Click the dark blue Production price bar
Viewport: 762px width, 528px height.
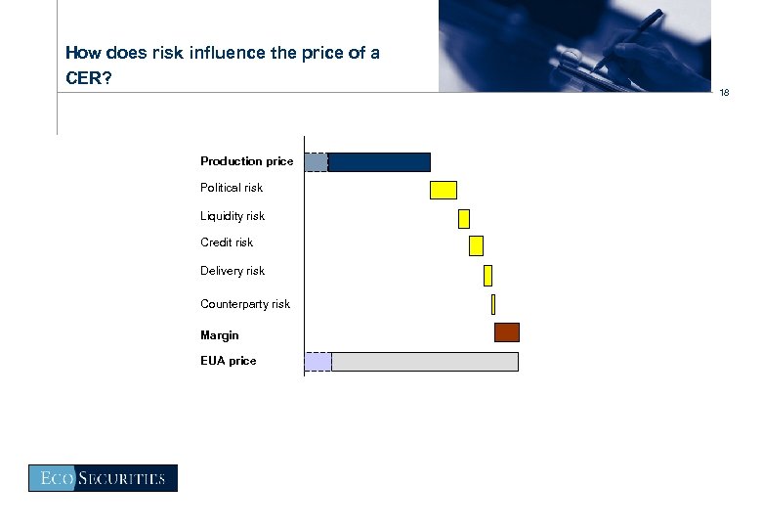pos(379,162)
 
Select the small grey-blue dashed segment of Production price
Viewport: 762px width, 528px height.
pos(317,162)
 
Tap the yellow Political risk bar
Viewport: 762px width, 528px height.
pos(443,190)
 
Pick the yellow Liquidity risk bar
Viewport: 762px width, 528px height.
pos(464,218)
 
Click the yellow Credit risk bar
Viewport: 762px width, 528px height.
pos(476,245)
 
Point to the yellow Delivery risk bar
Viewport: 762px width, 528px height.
pos(487,275)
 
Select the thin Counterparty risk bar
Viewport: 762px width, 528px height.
pos(493,304)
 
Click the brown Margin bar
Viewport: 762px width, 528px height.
pos(506,332)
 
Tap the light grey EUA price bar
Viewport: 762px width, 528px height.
pos(425,362)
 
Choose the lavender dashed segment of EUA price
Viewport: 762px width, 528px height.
pos(318,362)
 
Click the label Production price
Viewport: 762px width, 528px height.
pos(246,161)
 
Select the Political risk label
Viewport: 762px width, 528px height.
pos(232,188)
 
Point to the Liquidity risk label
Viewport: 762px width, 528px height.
pos(233,216)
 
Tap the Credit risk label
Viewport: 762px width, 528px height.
pos(227,242)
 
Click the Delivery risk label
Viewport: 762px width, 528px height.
pos(233,271)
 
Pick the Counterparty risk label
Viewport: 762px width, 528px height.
pos(245,304)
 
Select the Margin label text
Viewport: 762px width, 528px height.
pos(220,335)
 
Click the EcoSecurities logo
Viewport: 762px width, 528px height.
pos(103,478)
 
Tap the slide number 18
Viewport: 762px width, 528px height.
pos(724,93)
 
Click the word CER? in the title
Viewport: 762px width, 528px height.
pos(87,77)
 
